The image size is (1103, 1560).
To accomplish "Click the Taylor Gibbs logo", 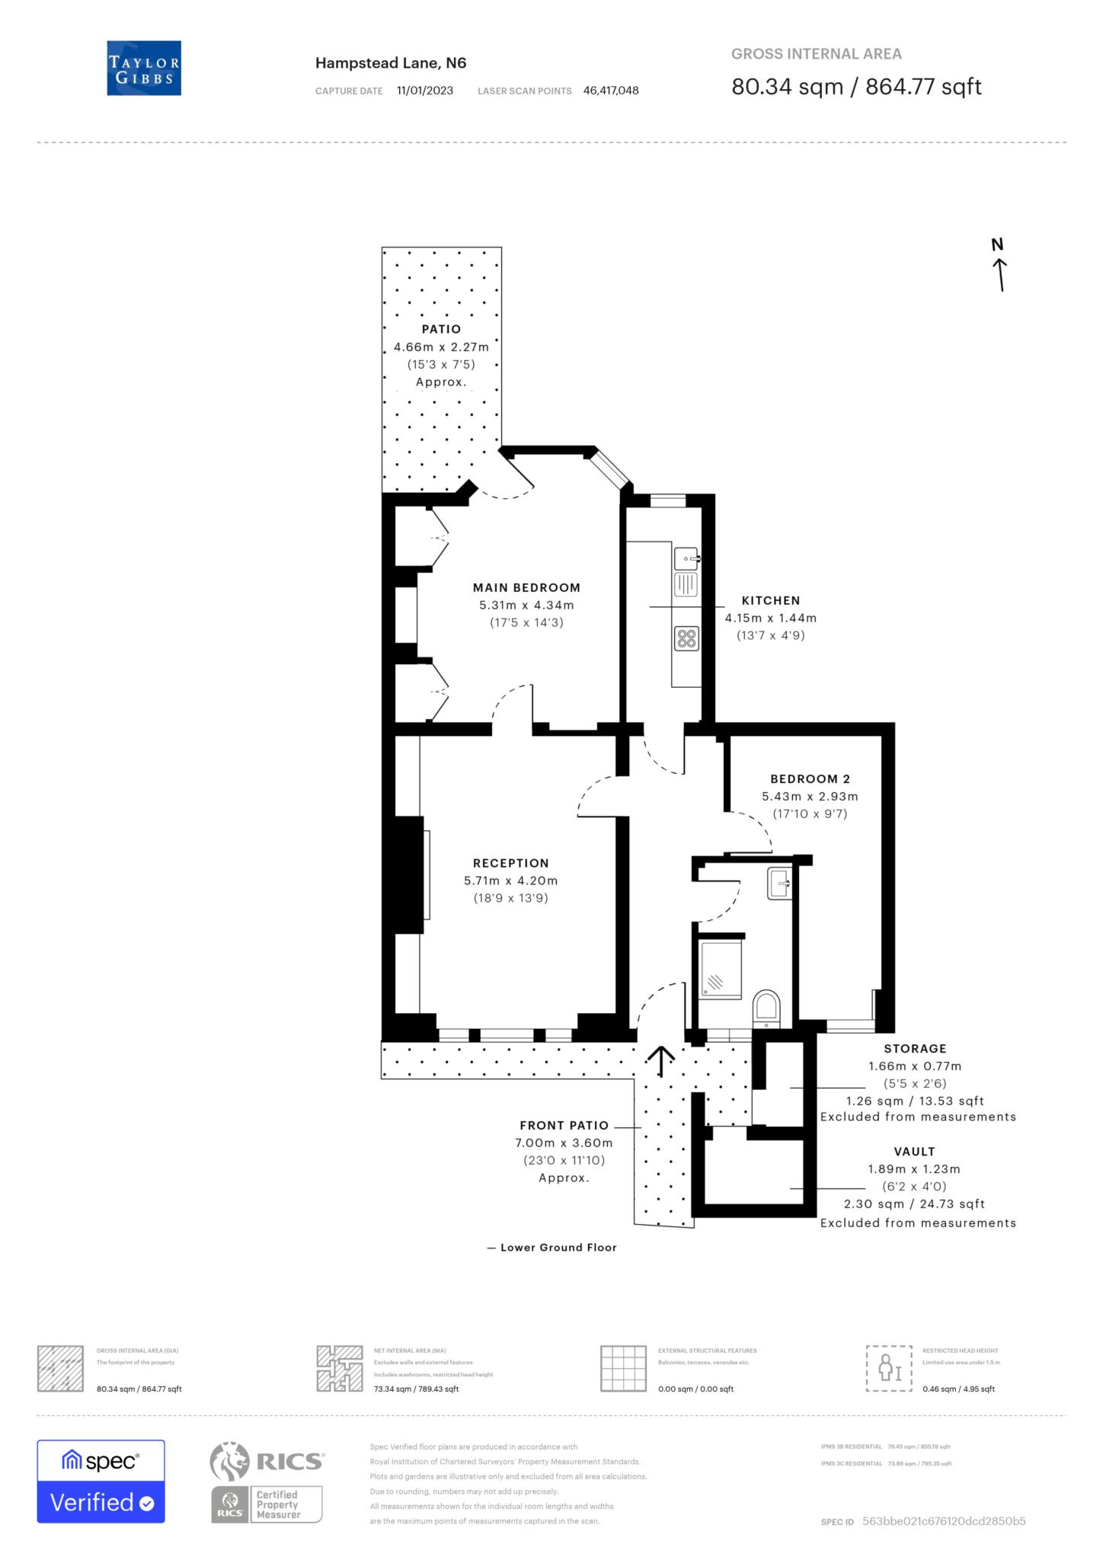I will tap(144, 68).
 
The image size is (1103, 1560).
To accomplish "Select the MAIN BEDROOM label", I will tap(526, 587).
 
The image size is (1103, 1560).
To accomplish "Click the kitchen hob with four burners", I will tap(686, 638).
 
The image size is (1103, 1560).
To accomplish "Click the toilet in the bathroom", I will tap(766, 1009).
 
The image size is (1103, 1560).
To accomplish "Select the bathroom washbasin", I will tap(781, 884).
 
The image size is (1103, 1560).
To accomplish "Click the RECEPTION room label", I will tap(510, 863).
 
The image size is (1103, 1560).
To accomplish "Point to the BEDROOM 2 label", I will tap(810, 778).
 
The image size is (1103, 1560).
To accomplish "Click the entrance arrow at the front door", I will tap(660, 1061).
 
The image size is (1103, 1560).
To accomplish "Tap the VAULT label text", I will tap(914, 1152).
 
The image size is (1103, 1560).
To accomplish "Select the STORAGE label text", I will tap(915, 1049).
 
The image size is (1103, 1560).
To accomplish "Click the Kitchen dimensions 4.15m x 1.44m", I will tap(770, 618).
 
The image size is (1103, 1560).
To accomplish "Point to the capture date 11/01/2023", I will tap(425, 91).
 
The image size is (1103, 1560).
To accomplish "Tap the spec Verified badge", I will tap(101, 1481).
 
